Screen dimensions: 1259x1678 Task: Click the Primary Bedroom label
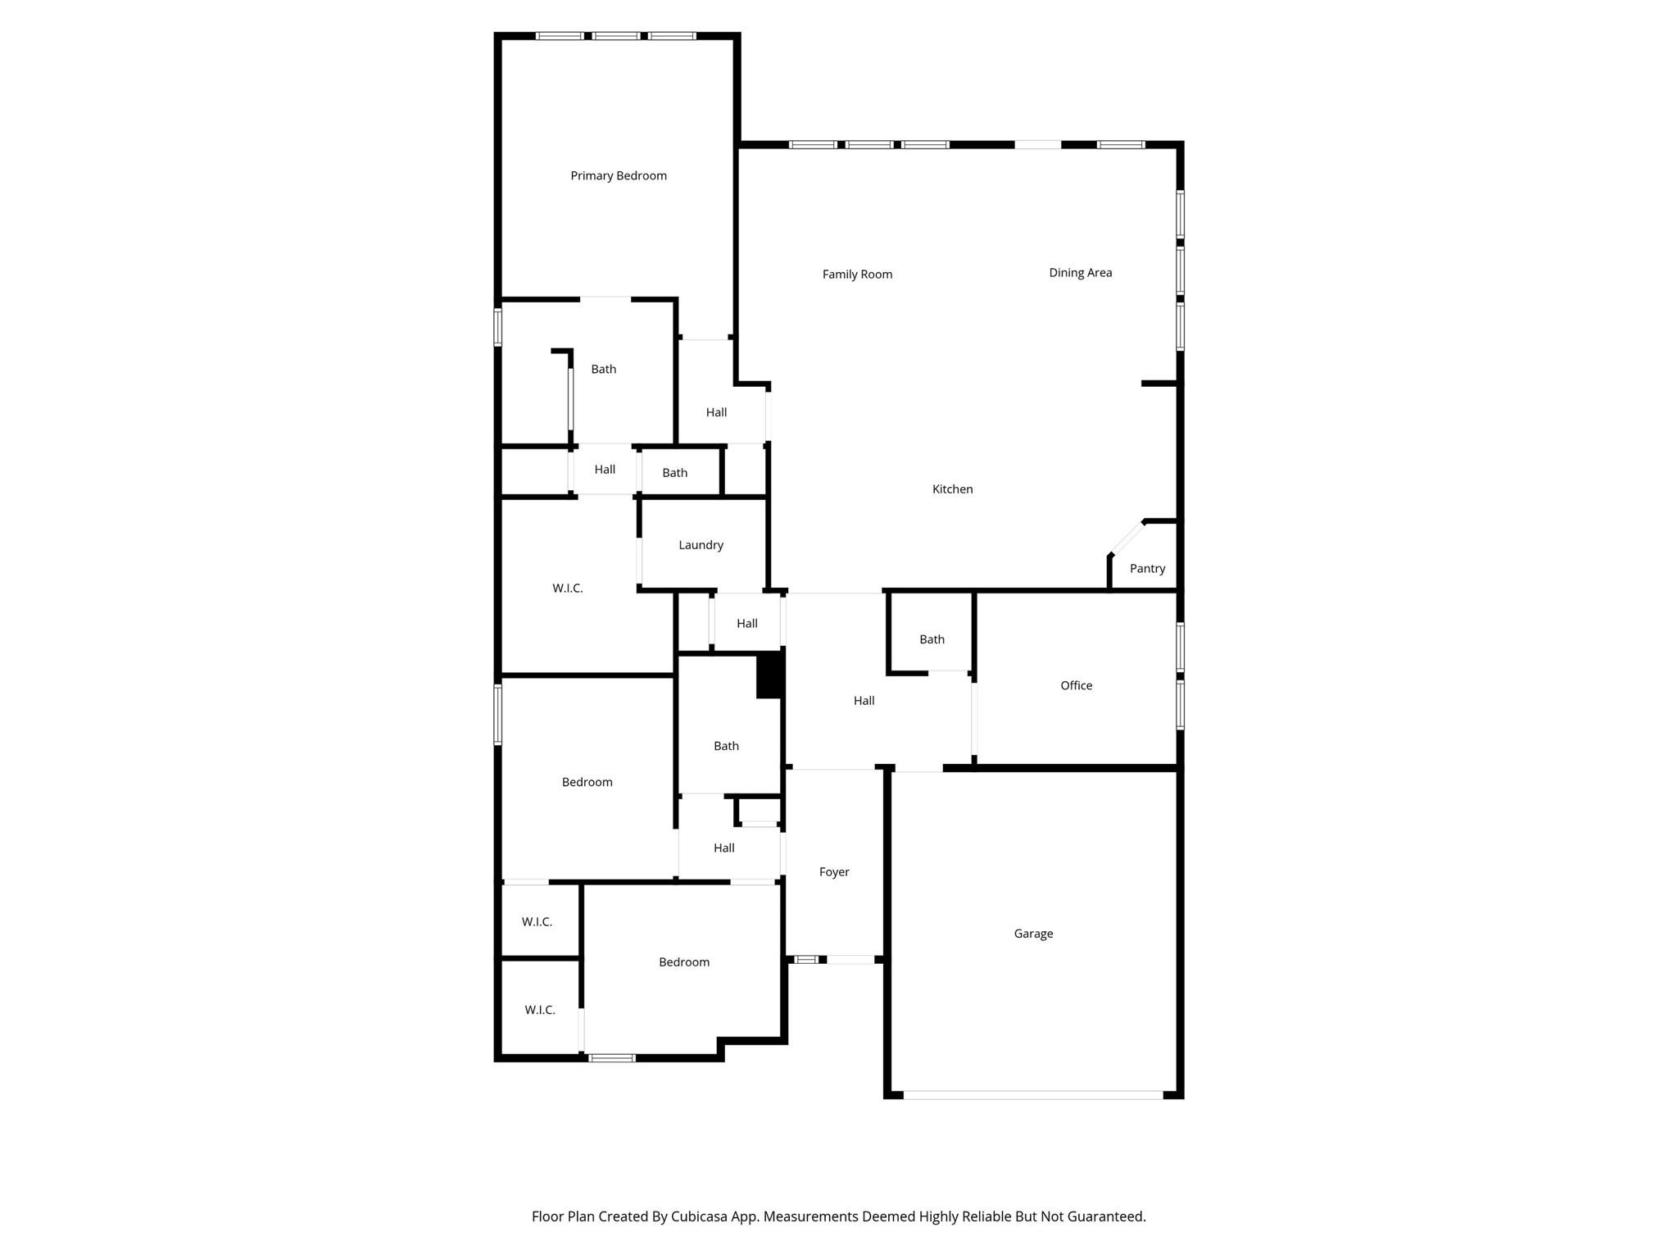pyautogui.click(x=619, y=175)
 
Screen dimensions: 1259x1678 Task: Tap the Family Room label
pyautogui.click(x=857, y=274)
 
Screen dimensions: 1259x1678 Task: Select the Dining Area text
pyautogui.click(x=1080, y=272)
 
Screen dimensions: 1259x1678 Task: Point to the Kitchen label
pyautogui.click(x=952, y=489)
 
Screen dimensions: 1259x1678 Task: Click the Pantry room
pyautogui.click(x=1147, y=568)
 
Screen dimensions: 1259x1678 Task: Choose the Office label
pyautogui.click(x=1076, y=685)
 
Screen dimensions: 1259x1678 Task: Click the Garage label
pyautogui.click(x=1033, y=933)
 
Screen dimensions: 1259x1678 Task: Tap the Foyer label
pyautogui.click(x=834, y=871)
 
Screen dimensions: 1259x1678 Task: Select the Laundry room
pyautogui.click(x=701, y=544)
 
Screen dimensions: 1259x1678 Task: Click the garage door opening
pyautogui.click(x=1032, y=1094)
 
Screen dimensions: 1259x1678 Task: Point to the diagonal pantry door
pyautogui.click(x=1127, y=538)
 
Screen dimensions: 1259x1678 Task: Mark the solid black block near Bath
pyautogui.click(x=769, y=675)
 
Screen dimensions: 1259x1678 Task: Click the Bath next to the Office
pyautogui.click(x=932, y=639)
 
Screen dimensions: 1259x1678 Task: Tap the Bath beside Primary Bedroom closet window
pyautogui.click(x=603, y=369)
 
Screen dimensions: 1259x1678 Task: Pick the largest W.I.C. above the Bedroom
pyautogui.click(x=567, y=588)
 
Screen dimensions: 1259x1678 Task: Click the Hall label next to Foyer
pyautogui.click(x=723, y=848)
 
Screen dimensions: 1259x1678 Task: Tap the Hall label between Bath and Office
pyautogui.click(x=864, y=700)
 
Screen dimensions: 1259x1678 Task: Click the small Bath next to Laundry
pyautogui.click(x=674, y=472)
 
